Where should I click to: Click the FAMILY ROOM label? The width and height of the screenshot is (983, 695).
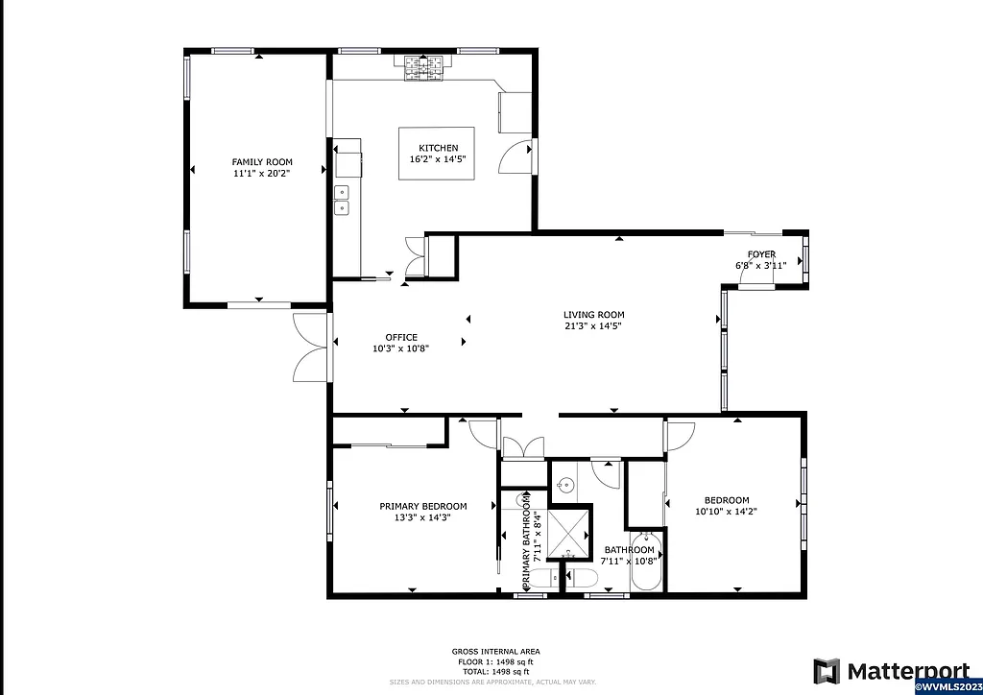[262, 161]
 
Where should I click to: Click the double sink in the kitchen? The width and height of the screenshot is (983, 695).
[341, 200]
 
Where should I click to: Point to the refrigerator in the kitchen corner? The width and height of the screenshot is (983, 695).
[515, 111]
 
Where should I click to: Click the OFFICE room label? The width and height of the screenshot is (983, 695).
[401, 337]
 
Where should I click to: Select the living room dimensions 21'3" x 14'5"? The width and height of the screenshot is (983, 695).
[593, 326]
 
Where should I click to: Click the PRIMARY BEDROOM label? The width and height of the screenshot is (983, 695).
[422, 506]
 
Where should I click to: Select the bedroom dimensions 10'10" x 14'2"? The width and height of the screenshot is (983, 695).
[727, 512]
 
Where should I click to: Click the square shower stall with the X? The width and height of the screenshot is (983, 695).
[569, 533]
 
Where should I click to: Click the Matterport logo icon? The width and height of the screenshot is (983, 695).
[826, 670]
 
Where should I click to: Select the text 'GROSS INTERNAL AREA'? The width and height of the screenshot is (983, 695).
[494, 651]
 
